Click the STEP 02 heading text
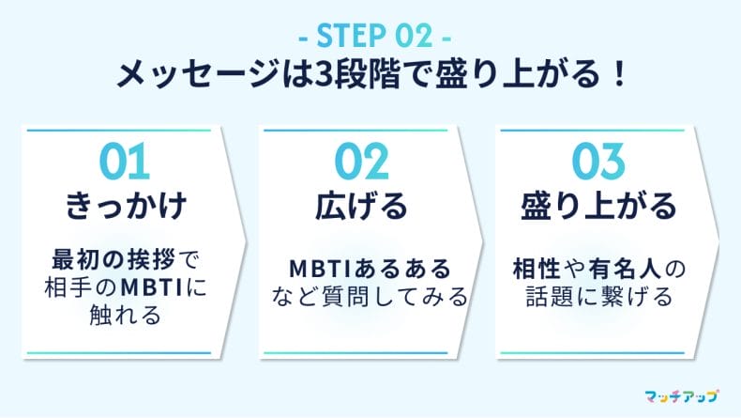click(370, 39)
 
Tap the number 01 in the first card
click(124, 163)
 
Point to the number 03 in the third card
click(598, 163)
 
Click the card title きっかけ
click(124, 205)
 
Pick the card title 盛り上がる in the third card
click(598, 205)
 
